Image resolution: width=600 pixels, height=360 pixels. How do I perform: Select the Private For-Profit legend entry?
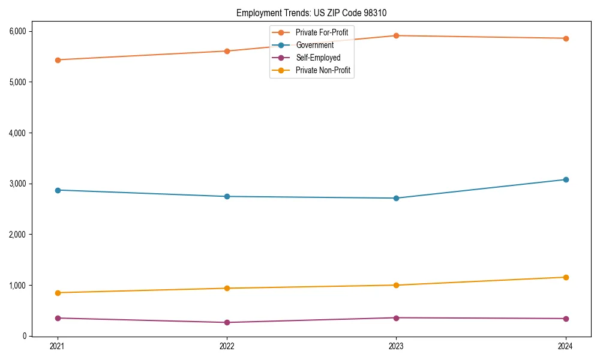click(321, 32)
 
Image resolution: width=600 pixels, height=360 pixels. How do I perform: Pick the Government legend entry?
click(314, 45)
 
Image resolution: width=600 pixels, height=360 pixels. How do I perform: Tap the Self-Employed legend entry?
click(317, 58)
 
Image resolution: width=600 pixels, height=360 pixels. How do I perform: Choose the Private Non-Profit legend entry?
click(323, 71)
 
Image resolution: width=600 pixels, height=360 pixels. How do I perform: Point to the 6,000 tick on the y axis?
click(16, 31)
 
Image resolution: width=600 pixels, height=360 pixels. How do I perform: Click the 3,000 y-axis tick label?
click(16, 184)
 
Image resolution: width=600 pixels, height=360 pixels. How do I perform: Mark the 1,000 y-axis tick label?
click(16, 286)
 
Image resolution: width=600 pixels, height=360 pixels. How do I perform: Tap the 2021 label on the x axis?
click(58, 346)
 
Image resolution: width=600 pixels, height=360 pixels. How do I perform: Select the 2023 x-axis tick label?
click(396, 346)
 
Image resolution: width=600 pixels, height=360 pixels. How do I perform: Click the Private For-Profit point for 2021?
click(58, 60)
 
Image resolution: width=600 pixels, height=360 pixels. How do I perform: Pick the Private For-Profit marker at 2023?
click(396, 35)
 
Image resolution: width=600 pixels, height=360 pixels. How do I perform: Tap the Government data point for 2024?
click(565, 179)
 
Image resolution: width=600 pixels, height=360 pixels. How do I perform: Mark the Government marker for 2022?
click(227, 196)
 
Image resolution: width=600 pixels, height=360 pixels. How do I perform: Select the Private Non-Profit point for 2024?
click(565, 277)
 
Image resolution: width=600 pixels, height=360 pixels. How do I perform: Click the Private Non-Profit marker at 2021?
click(58, 293)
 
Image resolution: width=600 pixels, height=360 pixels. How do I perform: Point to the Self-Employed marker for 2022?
click(227, 322)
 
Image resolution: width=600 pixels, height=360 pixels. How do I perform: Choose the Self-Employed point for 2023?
click(396, 317)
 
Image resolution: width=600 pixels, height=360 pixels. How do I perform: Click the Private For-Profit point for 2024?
click(565, 38)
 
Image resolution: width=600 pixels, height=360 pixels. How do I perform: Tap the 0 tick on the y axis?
click(24, 336)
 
